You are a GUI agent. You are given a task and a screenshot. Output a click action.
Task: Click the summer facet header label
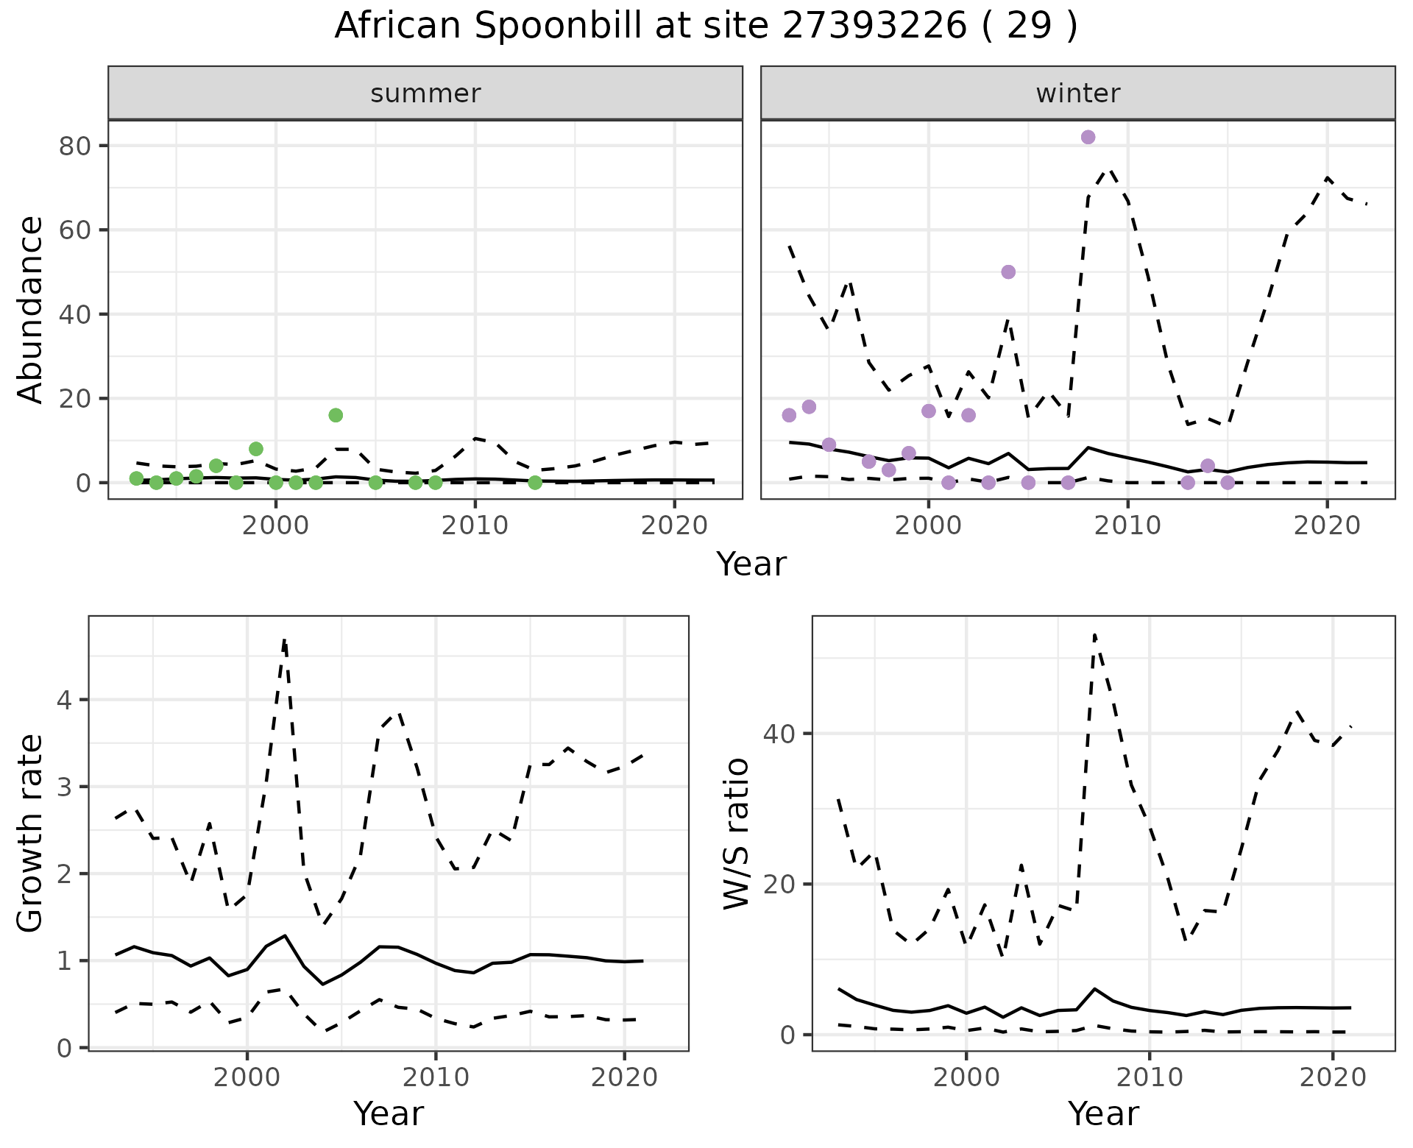pos(425,93)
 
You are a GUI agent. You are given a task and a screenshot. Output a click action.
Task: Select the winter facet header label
pos(1077,93)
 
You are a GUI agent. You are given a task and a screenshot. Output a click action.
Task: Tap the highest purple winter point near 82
pos(1088,138)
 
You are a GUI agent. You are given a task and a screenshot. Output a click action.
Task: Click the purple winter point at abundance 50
pos(1008,272)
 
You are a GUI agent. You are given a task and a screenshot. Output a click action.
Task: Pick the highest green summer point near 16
pos(336,415)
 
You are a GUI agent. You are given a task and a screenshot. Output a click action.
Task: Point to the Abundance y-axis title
pos(31,310)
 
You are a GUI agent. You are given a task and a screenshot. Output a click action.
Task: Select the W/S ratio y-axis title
pos(736,834)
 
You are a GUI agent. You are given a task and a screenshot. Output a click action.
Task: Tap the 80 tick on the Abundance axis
pos(74,146)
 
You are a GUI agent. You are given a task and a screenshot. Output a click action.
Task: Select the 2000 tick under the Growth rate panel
pos(247,1077)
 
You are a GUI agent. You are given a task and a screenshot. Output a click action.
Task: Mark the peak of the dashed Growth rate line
pos(284,640)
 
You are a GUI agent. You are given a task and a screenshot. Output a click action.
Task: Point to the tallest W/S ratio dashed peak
pos(1094,634)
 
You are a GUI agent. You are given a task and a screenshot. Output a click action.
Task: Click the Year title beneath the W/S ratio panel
pos(1103,1113)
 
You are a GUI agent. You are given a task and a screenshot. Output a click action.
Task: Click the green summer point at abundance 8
pos(256,449)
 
